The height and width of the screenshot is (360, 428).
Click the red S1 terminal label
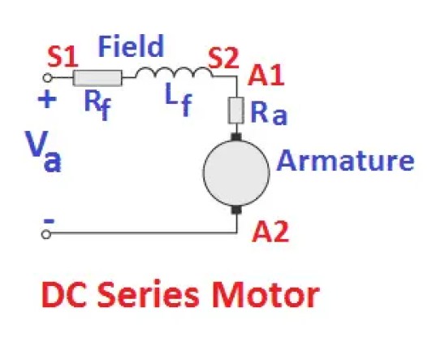pyautogui.click(x=62, y=58)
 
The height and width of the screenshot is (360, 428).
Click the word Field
pyautogui.click(x=131, y=46)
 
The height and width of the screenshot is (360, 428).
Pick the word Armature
pyautogui.click(x=345, y=160)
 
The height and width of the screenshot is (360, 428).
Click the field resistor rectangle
pyautogui.click(x=97, y=78)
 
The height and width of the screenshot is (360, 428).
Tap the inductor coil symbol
pyautogui.click(x=173, y=73)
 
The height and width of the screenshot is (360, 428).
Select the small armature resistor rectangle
pyautogui.click(x=236, y=111)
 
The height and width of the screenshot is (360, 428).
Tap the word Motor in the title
pyautogui.click(x=265, y=296)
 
